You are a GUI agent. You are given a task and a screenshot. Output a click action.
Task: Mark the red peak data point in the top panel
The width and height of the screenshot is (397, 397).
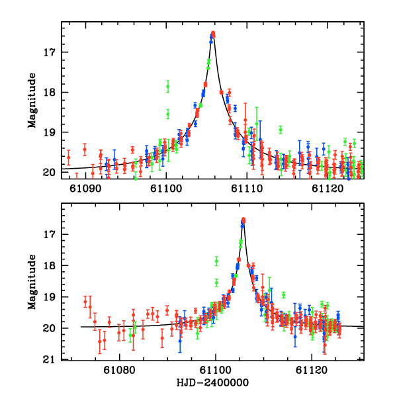[x=213, y=33]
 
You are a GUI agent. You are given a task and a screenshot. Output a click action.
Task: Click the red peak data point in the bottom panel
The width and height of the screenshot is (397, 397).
[x=243, y=220]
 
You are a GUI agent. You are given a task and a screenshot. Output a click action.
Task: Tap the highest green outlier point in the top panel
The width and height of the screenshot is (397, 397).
[x=168, y=86]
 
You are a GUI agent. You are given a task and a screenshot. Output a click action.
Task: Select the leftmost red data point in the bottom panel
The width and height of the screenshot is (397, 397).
[x=85, y=302]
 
